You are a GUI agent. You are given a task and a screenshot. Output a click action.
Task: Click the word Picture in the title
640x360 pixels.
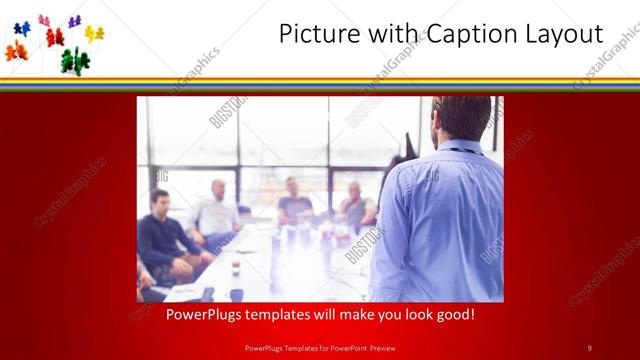(312, 34)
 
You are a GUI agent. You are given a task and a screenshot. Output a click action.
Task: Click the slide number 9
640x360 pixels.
(589, 347)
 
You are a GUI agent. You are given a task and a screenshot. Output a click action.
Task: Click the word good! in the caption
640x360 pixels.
(454, 314)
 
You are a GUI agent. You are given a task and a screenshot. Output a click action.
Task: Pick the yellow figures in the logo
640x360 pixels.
(94, 34)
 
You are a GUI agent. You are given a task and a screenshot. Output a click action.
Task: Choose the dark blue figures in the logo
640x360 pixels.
(22, 28)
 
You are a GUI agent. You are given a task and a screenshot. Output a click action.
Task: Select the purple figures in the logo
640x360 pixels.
(74, 21)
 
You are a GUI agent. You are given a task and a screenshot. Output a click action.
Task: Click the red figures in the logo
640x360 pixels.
(54, 38)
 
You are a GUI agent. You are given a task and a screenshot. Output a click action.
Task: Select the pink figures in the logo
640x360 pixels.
(44, 20)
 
